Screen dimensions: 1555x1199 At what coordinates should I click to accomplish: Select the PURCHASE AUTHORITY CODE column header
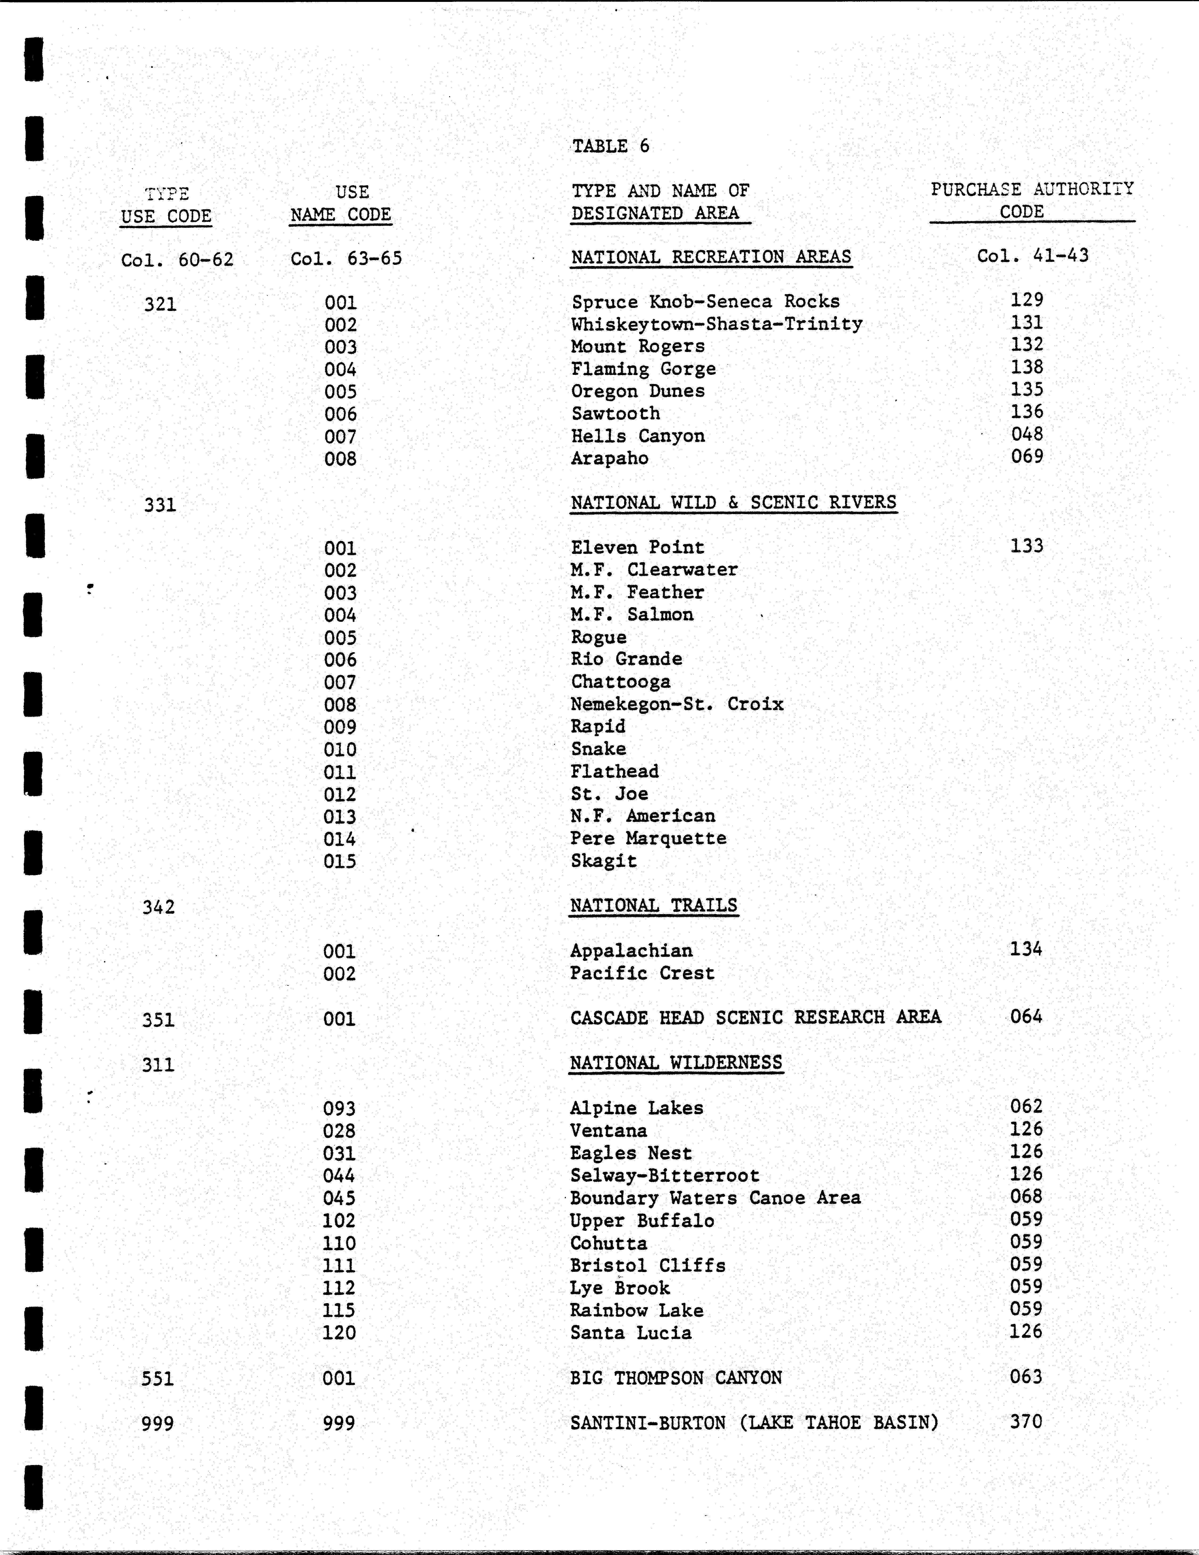coord(1032,200)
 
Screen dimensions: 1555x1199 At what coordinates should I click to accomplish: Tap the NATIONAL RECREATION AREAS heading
coord(710,257)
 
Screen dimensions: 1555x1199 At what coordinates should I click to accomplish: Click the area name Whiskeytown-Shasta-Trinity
coord(716,324)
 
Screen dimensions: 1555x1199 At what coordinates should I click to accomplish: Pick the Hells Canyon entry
coord(638,436)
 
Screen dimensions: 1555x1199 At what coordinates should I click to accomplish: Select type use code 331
coord(160,505)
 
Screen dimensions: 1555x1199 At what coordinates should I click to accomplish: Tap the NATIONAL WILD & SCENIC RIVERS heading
coord(733,503)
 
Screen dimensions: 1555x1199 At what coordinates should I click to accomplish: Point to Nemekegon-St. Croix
coord(676,704)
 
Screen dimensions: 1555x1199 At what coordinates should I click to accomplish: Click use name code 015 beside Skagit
coord(340,862)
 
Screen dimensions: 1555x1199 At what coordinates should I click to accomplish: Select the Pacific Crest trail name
coord(641,973)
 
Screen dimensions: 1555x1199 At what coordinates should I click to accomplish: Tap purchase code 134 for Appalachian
coord(1025,949)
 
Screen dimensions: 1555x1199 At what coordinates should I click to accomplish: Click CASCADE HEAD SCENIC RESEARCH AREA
coord(755,1017)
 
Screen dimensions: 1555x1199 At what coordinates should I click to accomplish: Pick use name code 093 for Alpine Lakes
coord(339,1109)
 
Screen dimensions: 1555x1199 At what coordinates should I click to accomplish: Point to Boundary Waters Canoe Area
coord(715,1198)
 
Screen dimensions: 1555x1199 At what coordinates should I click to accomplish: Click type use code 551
coord(157,1379)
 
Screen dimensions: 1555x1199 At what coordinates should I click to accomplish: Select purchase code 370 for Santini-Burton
coord(1025,1422)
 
